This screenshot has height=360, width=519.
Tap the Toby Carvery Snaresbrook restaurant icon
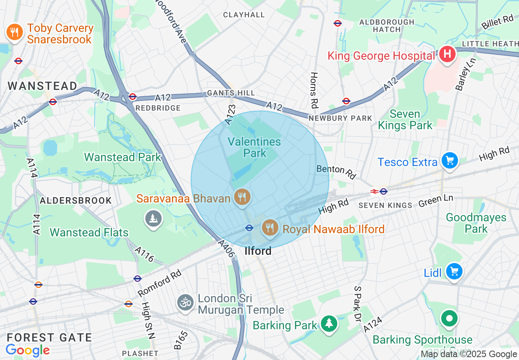(15, 32)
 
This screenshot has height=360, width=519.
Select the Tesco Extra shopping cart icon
(449, 161)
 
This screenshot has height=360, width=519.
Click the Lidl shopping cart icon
(454, 271)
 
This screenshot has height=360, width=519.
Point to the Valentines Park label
(254, 148)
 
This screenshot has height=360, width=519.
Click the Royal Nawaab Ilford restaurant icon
(269, 227)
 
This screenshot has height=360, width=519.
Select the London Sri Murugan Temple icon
(185, 303)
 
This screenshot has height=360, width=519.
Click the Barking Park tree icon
(329, 324)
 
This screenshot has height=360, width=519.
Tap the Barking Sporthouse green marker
(449, 319)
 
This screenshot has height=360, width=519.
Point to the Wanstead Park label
(123, 157)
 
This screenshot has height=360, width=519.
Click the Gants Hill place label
(231, 93)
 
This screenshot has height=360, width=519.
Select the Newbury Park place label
(341, 118)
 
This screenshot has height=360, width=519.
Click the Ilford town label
(258, 251)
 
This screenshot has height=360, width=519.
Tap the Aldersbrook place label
(76, 200)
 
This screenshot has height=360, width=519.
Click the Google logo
(27, 350)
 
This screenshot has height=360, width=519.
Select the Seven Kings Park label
(405, 119)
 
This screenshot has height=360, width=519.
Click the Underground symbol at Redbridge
(132, 97)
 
